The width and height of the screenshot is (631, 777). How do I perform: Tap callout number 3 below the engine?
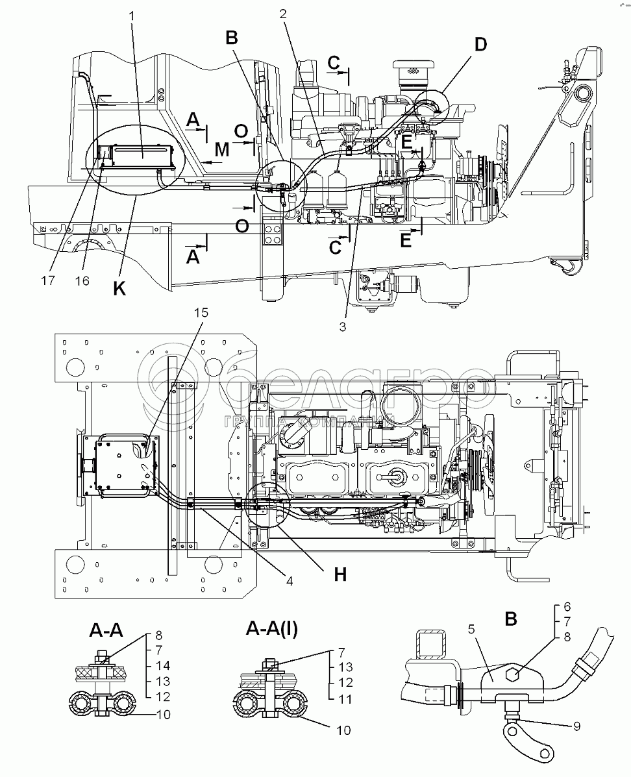[x=342, y=327]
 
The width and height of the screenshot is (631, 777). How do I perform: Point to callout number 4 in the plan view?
[x=289, y=581]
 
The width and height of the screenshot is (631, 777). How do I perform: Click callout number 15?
[x=203, y=312]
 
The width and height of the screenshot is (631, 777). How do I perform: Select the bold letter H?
[x=340, y=574]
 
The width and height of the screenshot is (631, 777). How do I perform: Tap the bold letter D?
[x=480, y=45]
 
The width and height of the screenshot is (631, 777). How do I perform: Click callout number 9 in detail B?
[x=576, y=726]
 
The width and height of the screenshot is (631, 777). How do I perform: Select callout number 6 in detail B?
[x=566, y=608]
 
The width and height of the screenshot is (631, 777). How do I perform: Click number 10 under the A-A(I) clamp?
[x=343, y=730]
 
